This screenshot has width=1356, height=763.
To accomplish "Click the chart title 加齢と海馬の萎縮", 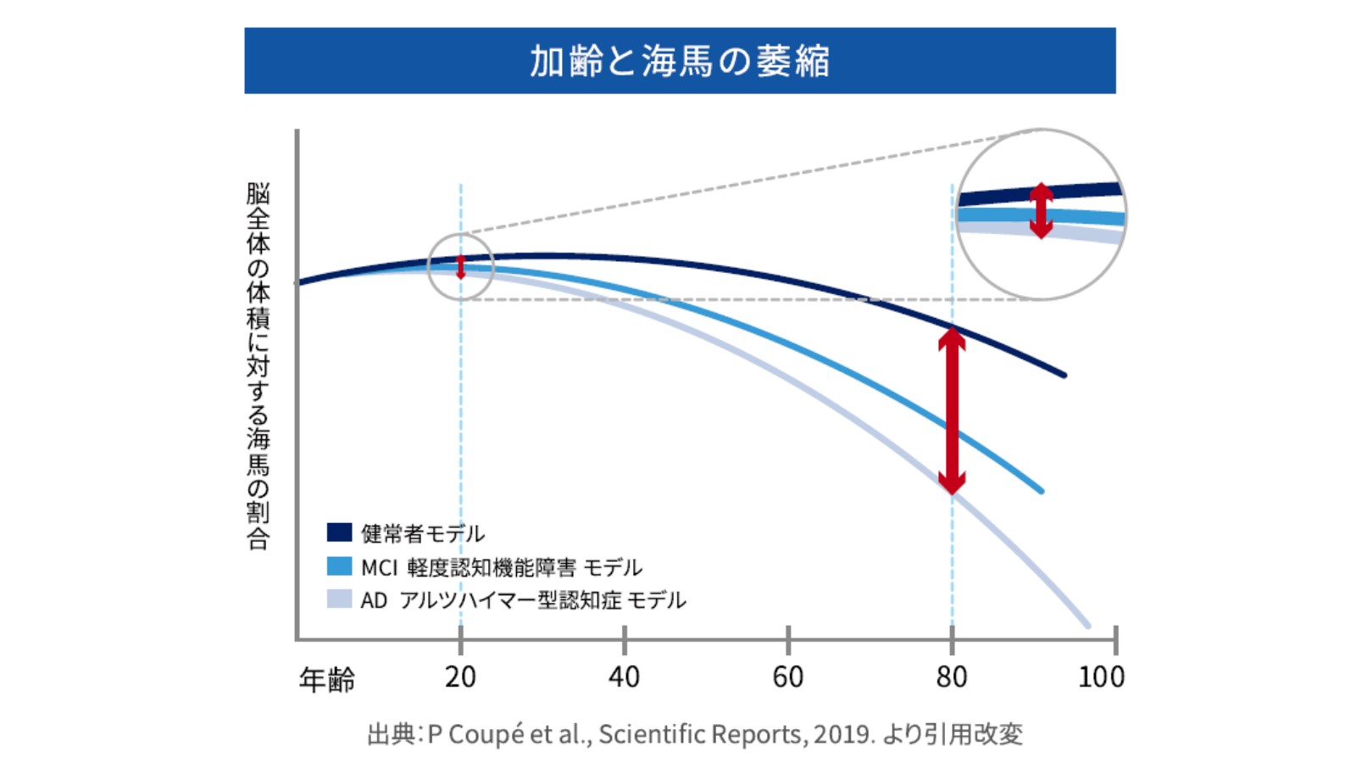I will point(680,61).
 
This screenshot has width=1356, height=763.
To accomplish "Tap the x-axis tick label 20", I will point(460,677).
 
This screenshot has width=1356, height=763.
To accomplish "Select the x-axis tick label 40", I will point(624,677).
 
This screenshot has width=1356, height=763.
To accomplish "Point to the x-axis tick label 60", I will point(787,677).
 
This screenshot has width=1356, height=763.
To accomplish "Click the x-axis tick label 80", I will point(952,677).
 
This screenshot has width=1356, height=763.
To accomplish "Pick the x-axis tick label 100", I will point(1101,677).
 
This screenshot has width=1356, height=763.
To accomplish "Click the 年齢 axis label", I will point(327,679).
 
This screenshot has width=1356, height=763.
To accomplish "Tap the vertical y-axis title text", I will point(258,365).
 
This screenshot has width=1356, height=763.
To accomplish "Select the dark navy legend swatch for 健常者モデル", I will point(339,532).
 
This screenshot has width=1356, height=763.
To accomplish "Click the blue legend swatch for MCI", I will point(339,566).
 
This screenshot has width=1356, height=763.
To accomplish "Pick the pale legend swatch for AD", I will point(339,599).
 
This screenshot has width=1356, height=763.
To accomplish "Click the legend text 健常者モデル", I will point(423,533).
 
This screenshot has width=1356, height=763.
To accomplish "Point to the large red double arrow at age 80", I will point(952,411).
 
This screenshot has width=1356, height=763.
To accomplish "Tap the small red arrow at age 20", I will point(460,267).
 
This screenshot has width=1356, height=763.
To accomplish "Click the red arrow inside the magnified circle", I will point(1041,210).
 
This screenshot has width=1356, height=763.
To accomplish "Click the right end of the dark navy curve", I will point(1064,374).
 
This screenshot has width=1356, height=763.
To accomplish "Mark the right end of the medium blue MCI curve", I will point(1041,490).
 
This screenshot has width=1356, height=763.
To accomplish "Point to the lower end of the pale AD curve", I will point(1087,626).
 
